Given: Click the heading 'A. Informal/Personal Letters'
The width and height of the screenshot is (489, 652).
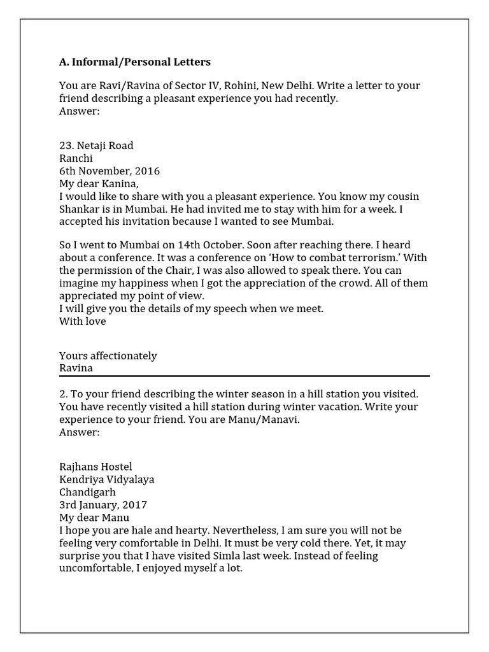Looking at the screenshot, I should [x=134, y=62].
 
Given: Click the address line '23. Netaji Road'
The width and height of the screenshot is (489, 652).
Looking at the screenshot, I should [x=96, y=146].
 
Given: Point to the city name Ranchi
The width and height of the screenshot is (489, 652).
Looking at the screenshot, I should [x=76, y=159].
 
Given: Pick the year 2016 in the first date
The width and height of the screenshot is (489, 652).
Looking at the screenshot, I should [x=148, y=171].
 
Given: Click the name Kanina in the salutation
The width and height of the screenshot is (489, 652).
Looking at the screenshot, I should [x=122, y=184].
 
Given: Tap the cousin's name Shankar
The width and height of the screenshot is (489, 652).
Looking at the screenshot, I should [x=80, y=209].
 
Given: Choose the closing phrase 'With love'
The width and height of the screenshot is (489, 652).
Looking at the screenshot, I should [x=82, y=322].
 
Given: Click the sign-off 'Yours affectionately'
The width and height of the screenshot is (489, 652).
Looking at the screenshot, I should [x=108, y=356].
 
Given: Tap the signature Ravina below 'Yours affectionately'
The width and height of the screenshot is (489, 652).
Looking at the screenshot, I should [x=76, y=368].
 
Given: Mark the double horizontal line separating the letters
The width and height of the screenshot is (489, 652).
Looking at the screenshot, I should [x=244, y=376].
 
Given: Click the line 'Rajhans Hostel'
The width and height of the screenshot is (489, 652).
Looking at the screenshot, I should [x=96, y=467].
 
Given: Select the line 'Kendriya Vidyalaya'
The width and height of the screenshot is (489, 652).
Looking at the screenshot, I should [x=106, y=479].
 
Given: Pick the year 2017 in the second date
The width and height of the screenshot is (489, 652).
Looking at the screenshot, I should [x=134, y=505].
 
